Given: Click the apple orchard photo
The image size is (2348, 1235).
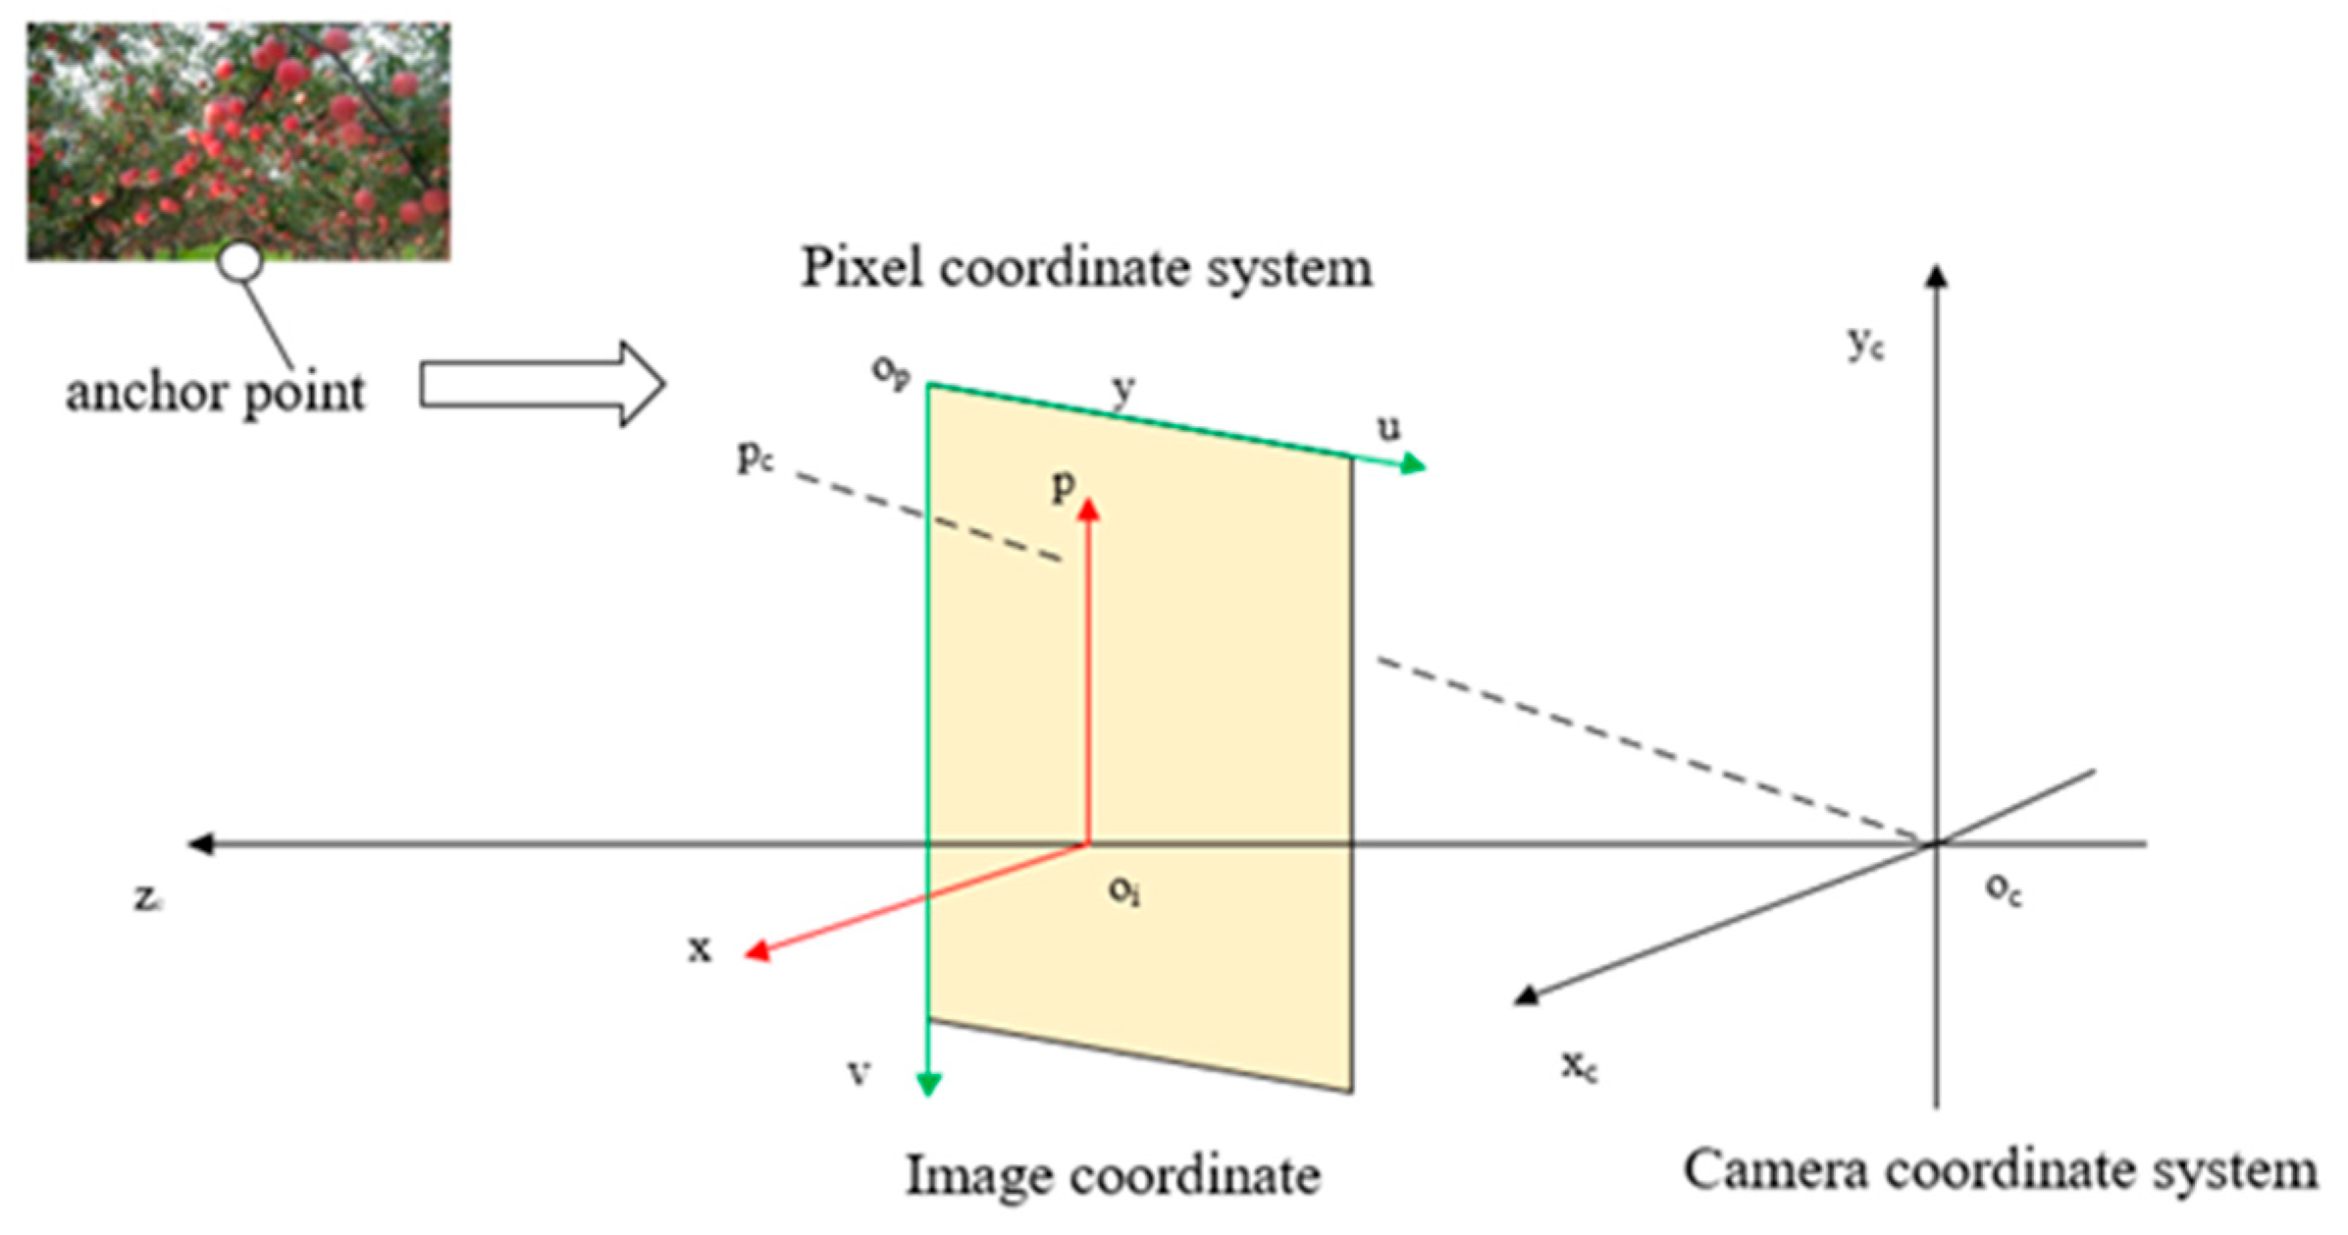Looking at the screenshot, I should click(238, 140).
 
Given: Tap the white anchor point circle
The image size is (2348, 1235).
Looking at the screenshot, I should click(239, 262).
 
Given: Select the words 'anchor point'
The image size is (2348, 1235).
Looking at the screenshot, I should click(215, 393).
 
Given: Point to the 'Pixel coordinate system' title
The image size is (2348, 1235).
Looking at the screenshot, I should click(1086, 267).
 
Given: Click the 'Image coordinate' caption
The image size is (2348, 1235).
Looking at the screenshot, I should click(1112, 1175).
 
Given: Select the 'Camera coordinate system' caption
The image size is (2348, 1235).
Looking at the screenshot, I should click(2001, 1170).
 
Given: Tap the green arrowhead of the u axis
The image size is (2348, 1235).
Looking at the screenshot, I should click(1413, 463).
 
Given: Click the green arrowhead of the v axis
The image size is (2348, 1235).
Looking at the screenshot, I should click(928, 1084).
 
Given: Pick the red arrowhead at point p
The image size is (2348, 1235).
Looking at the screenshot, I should click(1088, 509).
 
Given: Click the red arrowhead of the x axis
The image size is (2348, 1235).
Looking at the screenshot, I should click(757, 950).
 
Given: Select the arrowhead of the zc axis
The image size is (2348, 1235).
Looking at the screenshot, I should click(200, 843).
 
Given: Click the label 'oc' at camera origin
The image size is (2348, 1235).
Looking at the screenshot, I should click(2003, 889).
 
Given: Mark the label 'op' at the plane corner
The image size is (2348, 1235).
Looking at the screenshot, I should click(890, 373).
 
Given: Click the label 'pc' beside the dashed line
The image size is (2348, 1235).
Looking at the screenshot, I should click(755, 455).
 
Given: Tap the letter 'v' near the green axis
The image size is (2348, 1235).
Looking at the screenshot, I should click(859, 1073).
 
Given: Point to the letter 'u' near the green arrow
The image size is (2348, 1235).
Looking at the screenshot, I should click(1388, 427).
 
